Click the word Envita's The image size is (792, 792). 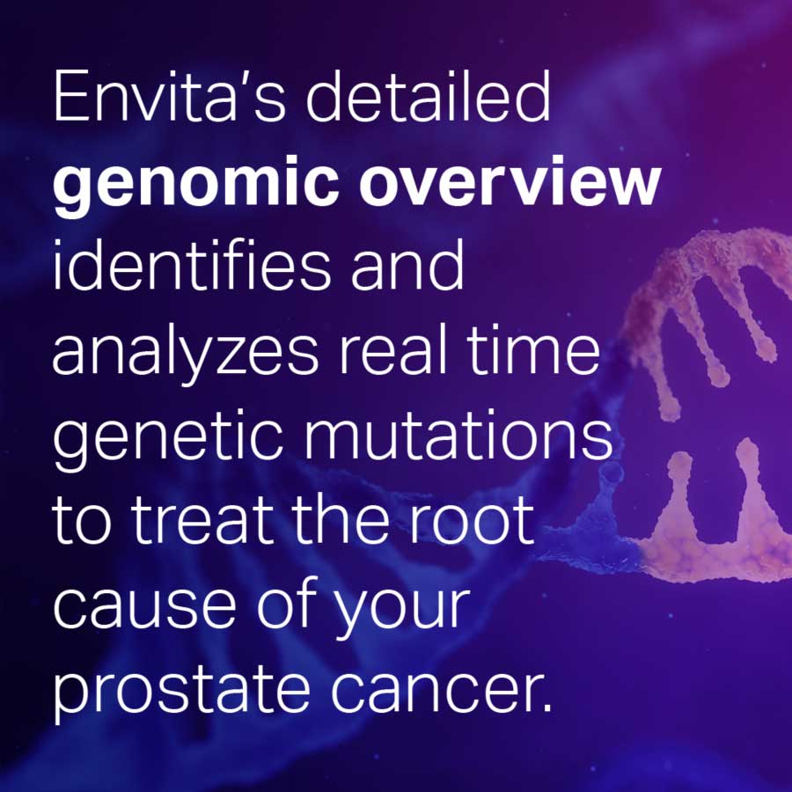pyautogui.click(x=169, y=96)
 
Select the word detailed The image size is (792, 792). pyautogui.click(x=429, y=95)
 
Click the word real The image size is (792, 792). pyautogui.click(x=393, y=348)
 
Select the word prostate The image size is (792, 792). pyautogui.click(x=181, y=693)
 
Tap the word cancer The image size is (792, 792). pyautogui.click(x=434, y=688)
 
